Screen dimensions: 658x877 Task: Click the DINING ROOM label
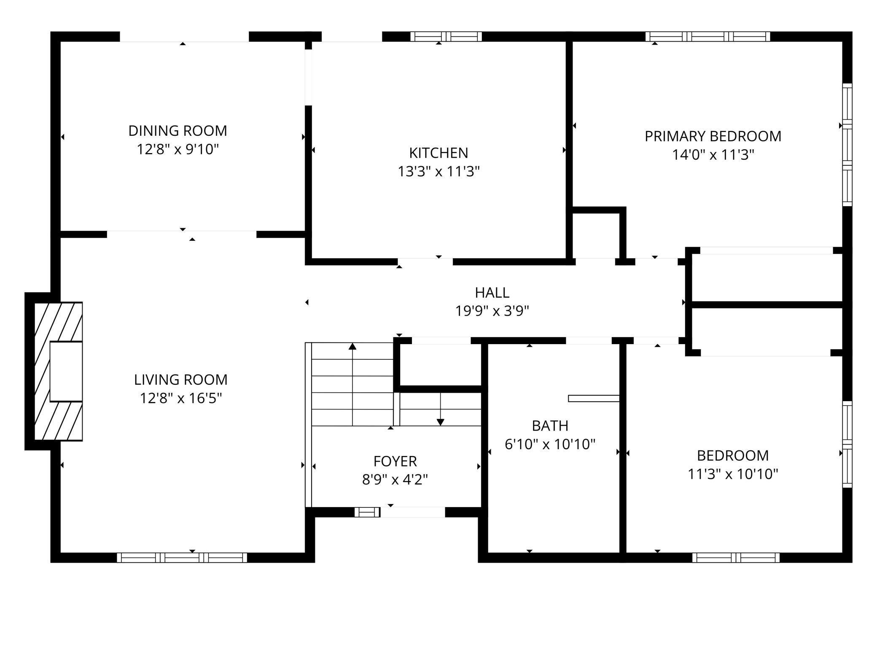(178, 131)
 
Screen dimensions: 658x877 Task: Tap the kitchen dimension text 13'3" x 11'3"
(438, 172)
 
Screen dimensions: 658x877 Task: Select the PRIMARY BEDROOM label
(713, 136)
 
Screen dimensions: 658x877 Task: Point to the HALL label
(492, 292)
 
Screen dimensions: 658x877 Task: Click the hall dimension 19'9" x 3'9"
(492, 311)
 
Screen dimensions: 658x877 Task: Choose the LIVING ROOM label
(180, 380)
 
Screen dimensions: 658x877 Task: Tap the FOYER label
(395, 461)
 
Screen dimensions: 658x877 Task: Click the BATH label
(550, 426)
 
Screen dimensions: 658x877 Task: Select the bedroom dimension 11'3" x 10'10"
(733, 474)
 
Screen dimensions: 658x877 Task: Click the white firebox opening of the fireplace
(66, 371)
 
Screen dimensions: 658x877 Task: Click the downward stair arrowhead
(441, 422)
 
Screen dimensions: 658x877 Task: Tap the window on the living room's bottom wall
(182, 558)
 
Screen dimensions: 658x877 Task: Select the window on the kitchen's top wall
(446, 37)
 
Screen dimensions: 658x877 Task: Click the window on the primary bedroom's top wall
(708, 37)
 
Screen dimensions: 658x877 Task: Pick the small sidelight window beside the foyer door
(367, 512)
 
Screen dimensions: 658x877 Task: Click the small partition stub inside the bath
(594, 398)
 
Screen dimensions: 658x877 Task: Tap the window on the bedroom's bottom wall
(736, 558)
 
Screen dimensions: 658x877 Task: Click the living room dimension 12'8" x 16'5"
(180, 398)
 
